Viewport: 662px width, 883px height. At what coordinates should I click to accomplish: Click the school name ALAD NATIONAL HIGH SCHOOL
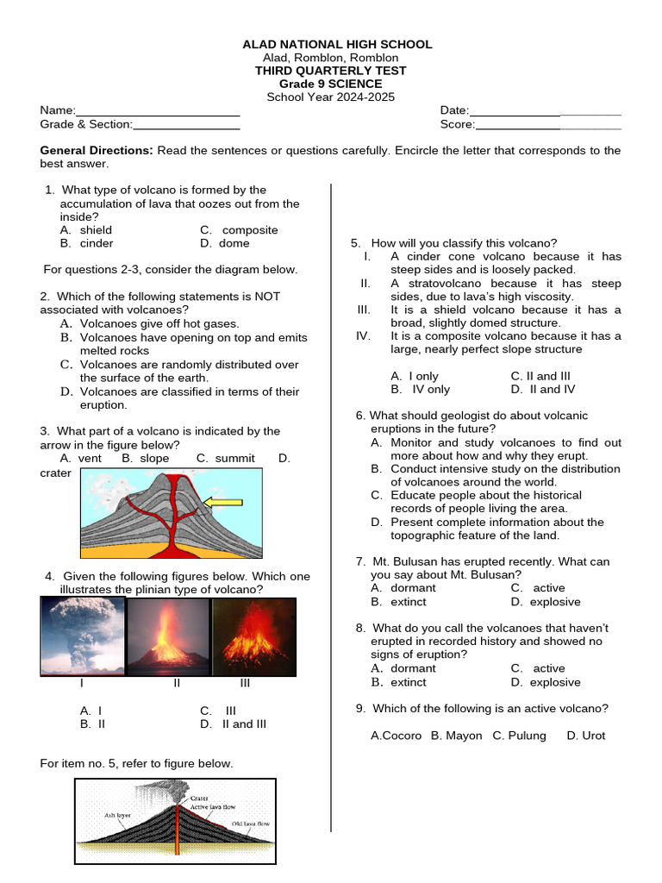point(337,44)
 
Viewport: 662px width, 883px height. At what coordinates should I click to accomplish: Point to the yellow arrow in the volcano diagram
point(222,502)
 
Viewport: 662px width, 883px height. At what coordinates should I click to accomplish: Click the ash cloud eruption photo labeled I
point(82,636)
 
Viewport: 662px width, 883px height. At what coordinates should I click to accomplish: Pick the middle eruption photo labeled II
point(168,636)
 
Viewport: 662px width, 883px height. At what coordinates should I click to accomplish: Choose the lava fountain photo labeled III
point(253,636)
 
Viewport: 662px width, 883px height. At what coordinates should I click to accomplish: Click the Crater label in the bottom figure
point(199,798)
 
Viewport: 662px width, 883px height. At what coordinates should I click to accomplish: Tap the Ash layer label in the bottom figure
point(117,813)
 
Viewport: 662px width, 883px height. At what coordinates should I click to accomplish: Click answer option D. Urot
point(585,736)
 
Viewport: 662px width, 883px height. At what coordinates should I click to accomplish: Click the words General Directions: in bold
point(97,150)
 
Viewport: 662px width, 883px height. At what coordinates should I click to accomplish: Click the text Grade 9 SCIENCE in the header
point(330,84)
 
